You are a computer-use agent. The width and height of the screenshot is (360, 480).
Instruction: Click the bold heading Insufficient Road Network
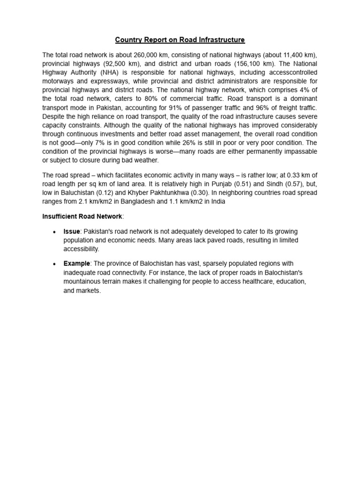pos(82,216)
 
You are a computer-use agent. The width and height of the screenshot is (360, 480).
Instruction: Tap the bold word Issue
pos(72,232)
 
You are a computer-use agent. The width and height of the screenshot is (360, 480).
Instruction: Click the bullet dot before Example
pos(55,264)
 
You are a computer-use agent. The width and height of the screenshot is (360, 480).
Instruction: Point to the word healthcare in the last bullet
pos(247,282)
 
